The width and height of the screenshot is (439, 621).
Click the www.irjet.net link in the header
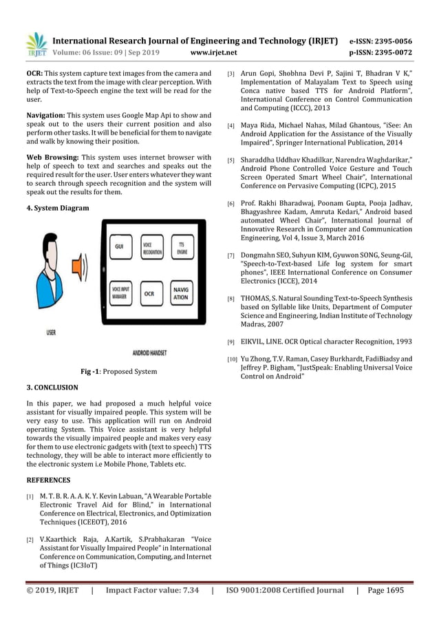[x=213, y=52]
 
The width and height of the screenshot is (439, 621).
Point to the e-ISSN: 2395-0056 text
[x=381, y=40]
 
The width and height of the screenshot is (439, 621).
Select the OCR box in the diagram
[x=149, y=293]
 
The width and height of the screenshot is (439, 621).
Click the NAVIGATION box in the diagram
[x=182, y=293]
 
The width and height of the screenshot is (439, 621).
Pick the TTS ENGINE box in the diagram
[x=182, y=248]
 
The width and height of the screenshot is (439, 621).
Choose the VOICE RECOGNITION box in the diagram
[x=151, y=248]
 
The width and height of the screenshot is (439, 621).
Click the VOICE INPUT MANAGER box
[x=120, y=293]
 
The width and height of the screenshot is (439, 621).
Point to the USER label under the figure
[x=52, y=333]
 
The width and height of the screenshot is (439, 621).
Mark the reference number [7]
[x=231, y=256]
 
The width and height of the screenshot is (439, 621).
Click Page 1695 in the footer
[x=385, y=590]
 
